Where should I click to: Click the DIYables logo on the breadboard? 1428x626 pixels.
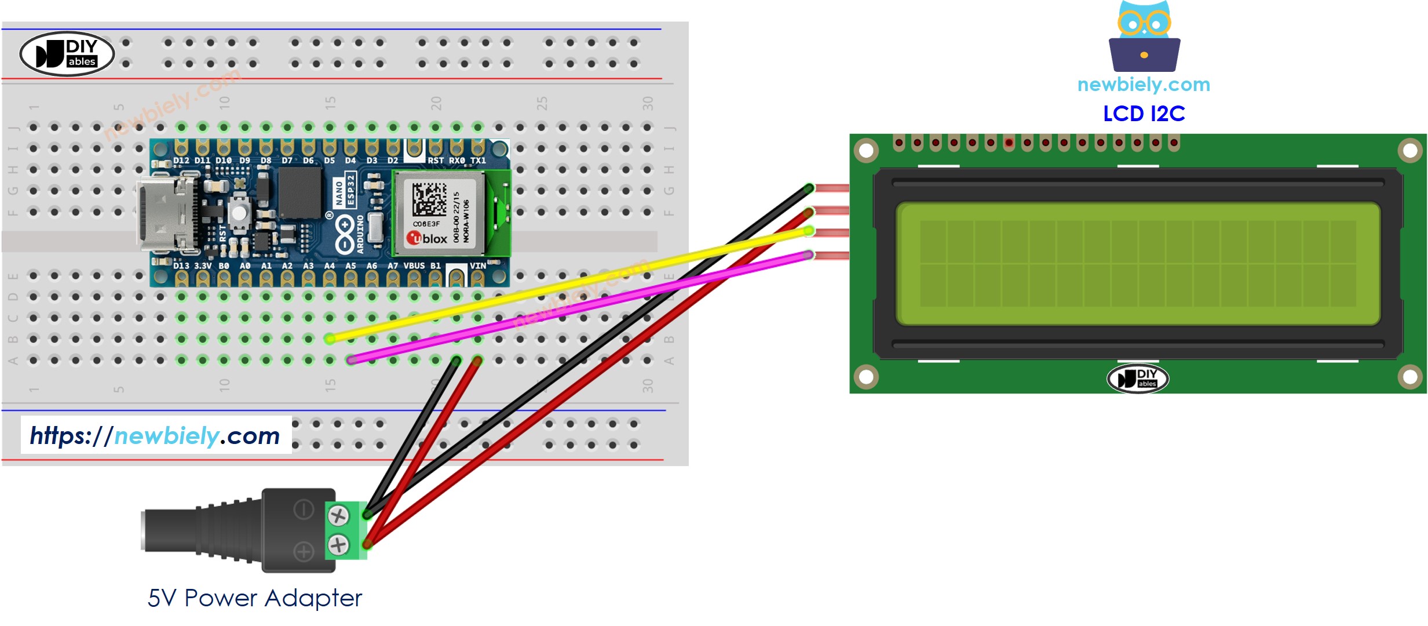pyautogui.click(x=67, y=54)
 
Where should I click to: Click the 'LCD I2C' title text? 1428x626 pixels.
pyautogui.click(x=1144, y=114)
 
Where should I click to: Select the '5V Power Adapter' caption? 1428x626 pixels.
pyautogui.click(x=254, y=598)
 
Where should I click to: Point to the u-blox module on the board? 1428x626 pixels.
pyautogui.click(x=439, y=213)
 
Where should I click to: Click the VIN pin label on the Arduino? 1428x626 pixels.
pyautogui.click(x=477, y=266)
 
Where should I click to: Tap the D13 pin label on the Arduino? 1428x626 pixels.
pyautogui.click(x=181, y=266)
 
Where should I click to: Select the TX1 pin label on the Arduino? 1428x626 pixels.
pyautogui.click(x=478, y=161)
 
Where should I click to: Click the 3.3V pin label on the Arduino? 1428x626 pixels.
pyautogui.click(x=202, y=266)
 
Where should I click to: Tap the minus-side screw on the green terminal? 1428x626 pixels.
pyautogui.click(x=338, y=515)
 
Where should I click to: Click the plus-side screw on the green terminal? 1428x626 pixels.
pyautogui.click(x=338, y=544)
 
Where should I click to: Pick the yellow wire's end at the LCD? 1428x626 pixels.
pyautogui.click(x=809, y=232)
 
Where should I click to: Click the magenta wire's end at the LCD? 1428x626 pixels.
pyautogui.click(x=809, y=254)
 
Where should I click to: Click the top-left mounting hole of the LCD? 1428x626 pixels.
pyautogui.click(x=866, y=151)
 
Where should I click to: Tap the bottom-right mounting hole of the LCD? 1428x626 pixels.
pyautogui.click(x=1409, y=377)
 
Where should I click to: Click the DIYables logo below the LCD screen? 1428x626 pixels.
pyautogui.click(x=1138, y=378)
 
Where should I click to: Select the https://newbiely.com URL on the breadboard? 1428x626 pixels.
pyautogui.click(x=155, y=435)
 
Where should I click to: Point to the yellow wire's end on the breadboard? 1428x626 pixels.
pyautogui.click(x=330, y=339)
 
